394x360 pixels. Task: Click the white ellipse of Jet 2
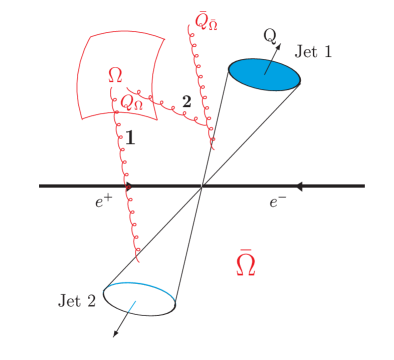click(x=139, y=298)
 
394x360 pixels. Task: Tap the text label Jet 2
click(x=77, y=300)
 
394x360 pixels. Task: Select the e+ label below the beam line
click(x=104, y=202)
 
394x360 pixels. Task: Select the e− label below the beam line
click(x=278, y=202)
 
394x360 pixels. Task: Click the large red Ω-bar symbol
click(x=245, y=264)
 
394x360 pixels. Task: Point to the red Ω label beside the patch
click(x=115, y=76)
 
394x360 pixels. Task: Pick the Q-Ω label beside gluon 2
click(x=132, y=101)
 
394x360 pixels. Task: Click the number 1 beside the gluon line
click(x=130, y=139)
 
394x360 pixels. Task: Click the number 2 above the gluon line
click(x=185, y=102)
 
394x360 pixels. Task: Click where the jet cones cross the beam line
click(x=202, y=186)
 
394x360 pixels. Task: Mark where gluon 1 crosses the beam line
click(x=127, y=186)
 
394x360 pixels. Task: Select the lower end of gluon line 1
click(x=138, y=259)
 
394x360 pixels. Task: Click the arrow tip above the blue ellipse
click(x=283, y=43)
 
